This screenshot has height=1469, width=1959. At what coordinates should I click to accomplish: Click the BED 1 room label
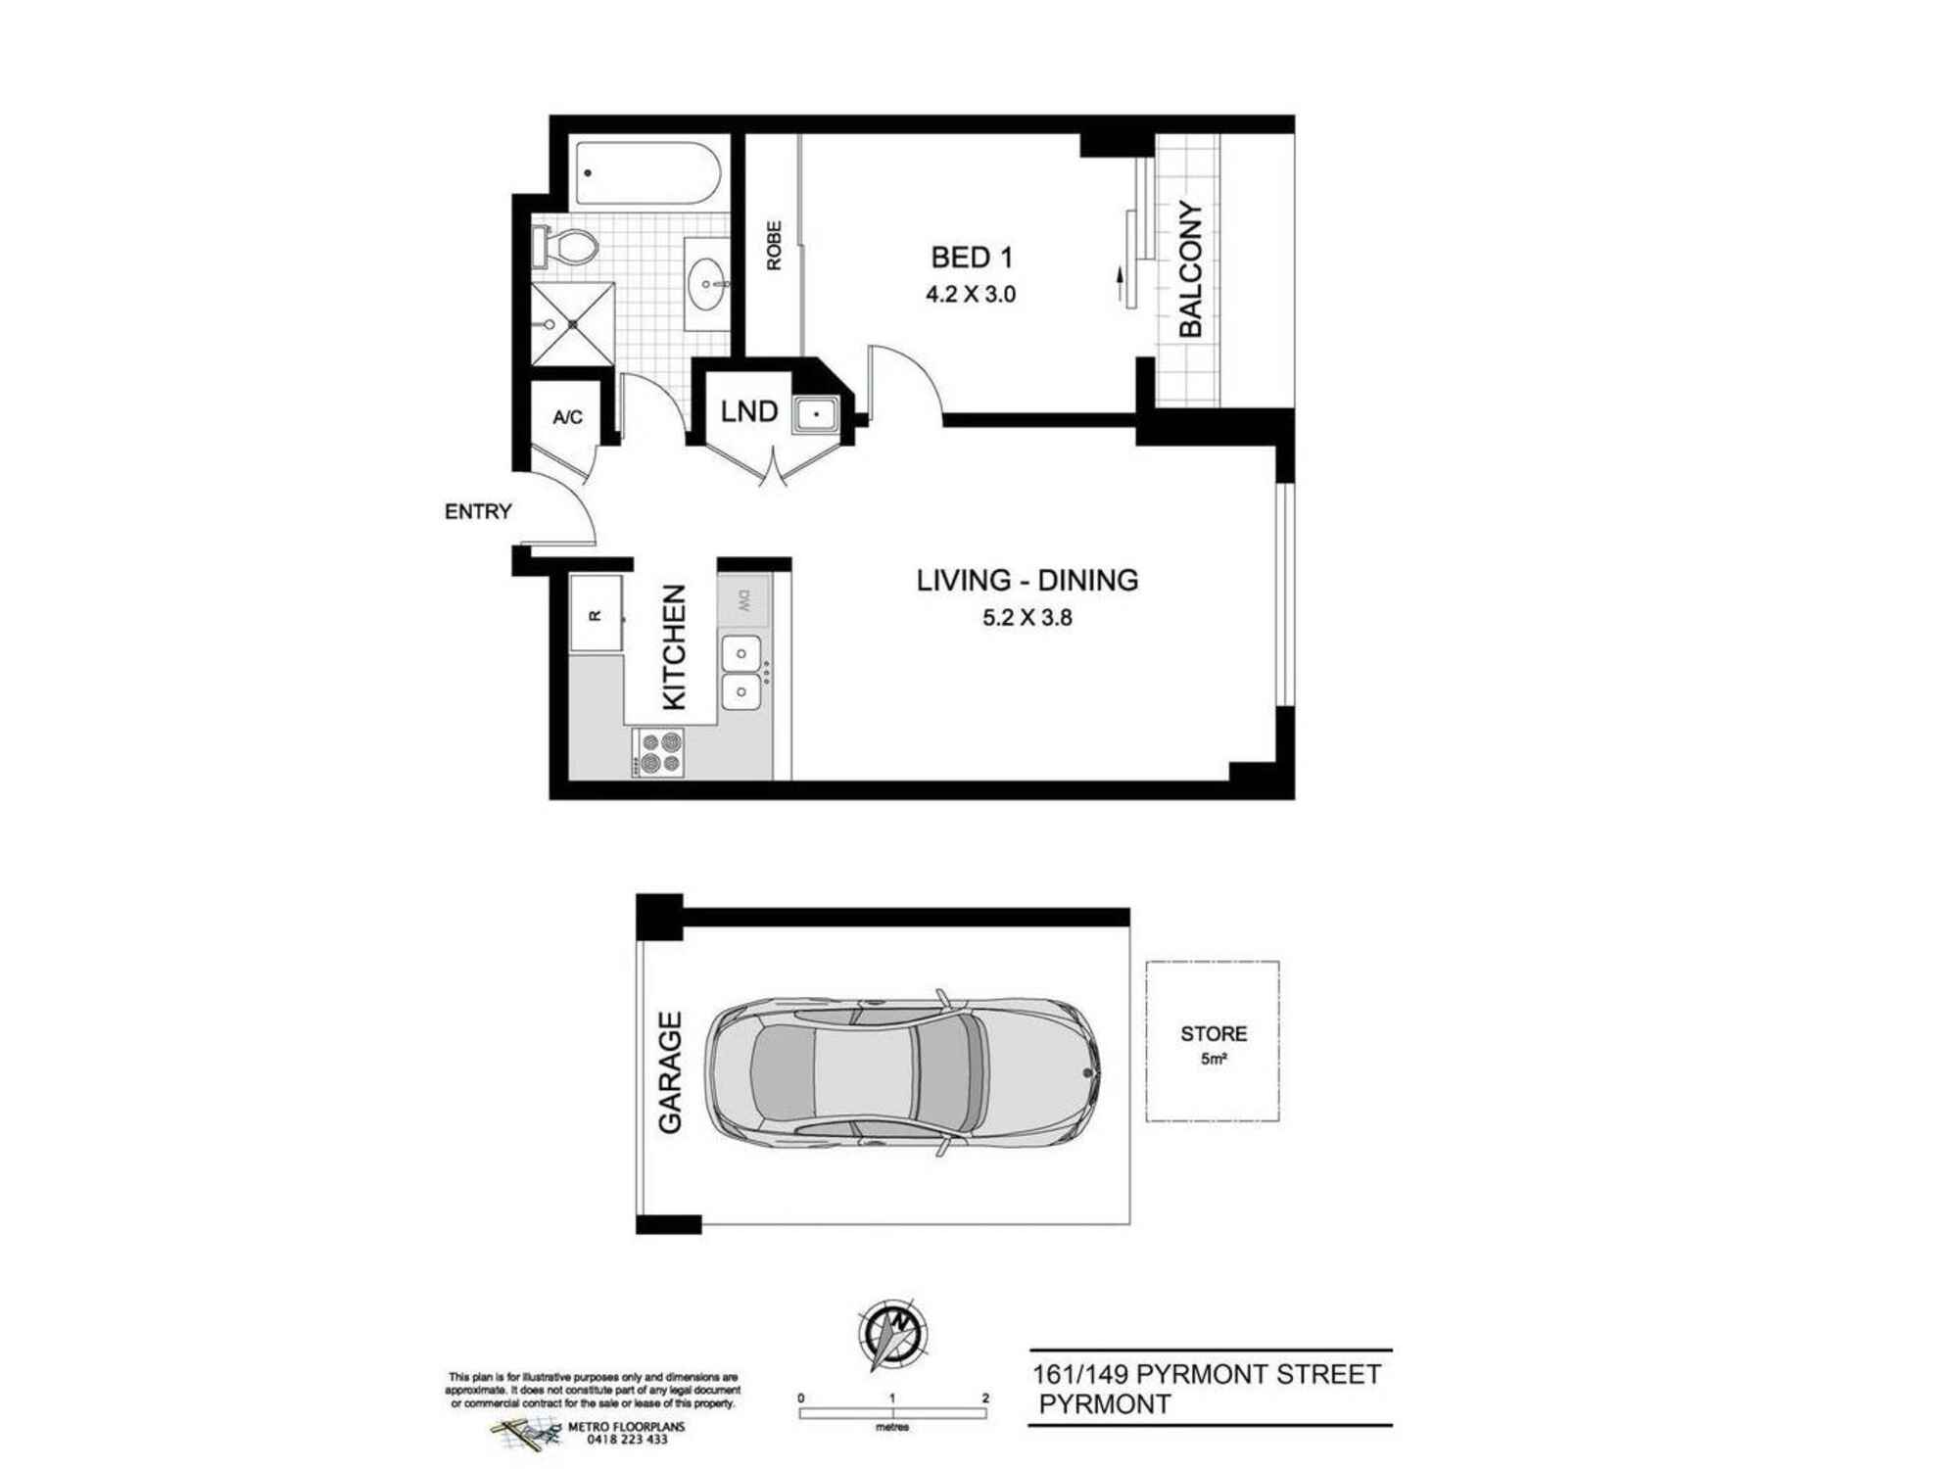click(971, 258)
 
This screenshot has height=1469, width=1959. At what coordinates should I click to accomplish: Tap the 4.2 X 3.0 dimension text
click(971, 294)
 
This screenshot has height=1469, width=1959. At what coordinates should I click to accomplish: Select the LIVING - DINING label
click(1027, 580)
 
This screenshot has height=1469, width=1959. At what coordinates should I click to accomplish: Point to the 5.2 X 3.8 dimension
click(1027, 618)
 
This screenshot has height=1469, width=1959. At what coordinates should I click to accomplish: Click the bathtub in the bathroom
click(647, 173)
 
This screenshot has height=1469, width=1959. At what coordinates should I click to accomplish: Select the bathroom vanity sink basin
click(706, 283)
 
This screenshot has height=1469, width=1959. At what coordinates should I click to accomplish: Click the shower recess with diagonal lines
click(573, 324)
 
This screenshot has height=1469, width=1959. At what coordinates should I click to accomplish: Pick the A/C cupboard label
click(567, 417)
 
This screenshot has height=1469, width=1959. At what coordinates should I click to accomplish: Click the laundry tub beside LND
click(815, 414)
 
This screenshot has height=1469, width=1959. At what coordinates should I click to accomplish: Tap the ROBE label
click(774, 246)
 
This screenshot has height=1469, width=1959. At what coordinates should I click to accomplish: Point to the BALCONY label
click(1190, 269)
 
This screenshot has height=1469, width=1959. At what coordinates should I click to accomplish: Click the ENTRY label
click(478, 511)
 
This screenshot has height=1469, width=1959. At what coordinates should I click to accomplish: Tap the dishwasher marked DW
click(743, 600)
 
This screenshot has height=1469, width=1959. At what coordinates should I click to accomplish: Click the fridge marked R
click(597, 614)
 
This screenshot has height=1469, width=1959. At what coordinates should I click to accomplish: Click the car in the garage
click(901, 1072)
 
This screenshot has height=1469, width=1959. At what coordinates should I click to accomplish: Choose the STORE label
click(1214, 1034)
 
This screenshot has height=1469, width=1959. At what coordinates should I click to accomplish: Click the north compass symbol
click(892, 1334)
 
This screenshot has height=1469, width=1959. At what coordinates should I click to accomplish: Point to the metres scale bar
click(893, 1412)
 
